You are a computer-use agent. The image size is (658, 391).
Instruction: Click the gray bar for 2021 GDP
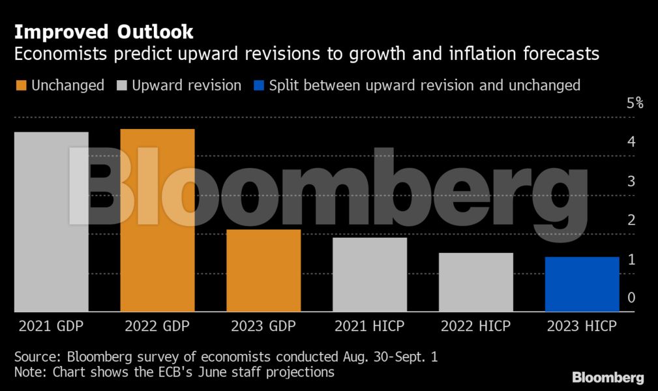coord(51,222)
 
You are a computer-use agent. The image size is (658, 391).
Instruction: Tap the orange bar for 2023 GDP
coord(263,270)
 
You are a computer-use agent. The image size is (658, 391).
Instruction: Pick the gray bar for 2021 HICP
coord(370,274)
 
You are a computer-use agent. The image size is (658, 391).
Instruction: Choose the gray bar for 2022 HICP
coord(476,282)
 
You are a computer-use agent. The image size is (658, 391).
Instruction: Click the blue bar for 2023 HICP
coord(582,284)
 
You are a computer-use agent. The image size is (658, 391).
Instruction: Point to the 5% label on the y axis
coord(635,103)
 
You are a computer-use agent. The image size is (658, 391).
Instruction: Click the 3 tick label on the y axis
coord(631,181)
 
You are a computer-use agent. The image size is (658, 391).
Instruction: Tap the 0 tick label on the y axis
coord(631,297)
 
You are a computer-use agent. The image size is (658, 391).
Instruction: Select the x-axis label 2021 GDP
coord(51,326)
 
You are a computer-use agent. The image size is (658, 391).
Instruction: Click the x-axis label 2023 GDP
coord(263,326)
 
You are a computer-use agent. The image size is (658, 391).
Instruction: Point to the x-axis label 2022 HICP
coord(476,326)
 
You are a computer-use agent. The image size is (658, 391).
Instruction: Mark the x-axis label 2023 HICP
coord(582,326)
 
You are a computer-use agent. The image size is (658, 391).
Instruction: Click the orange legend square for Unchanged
coord(20,85)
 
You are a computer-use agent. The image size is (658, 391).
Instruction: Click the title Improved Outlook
coord(104,31)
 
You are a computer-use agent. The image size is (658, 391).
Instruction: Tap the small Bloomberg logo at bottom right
coord(608,377)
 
